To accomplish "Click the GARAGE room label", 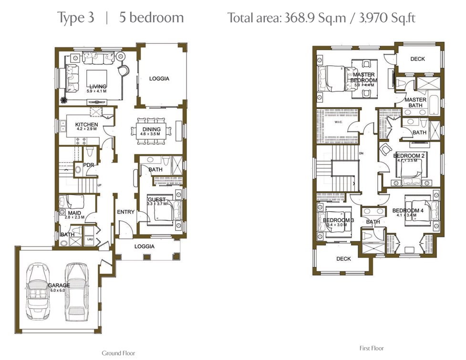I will pyautogui.click(x=59, y=285).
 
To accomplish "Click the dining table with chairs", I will pyautogui.click(x=150, y=130).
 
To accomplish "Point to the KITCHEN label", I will pyautogui.click(x=86, y=124).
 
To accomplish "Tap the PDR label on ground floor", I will pyautogui.click(x=88, y=165).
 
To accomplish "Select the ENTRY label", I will pyautogui.click(x=126, y=212).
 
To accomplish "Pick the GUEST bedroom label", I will pyautogui.click(x=156, y=199).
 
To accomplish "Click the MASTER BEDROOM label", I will pyautogui.click(x=364, y=77).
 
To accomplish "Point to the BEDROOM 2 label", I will pyautogui.click(x=409, y=156).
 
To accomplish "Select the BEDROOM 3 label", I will pyautogui.click(x=338, y=220).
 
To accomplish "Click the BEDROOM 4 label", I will pyautogui.click(x=408, y=210).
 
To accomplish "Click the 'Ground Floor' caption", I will pyautogui.click(x=117, y=353).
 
